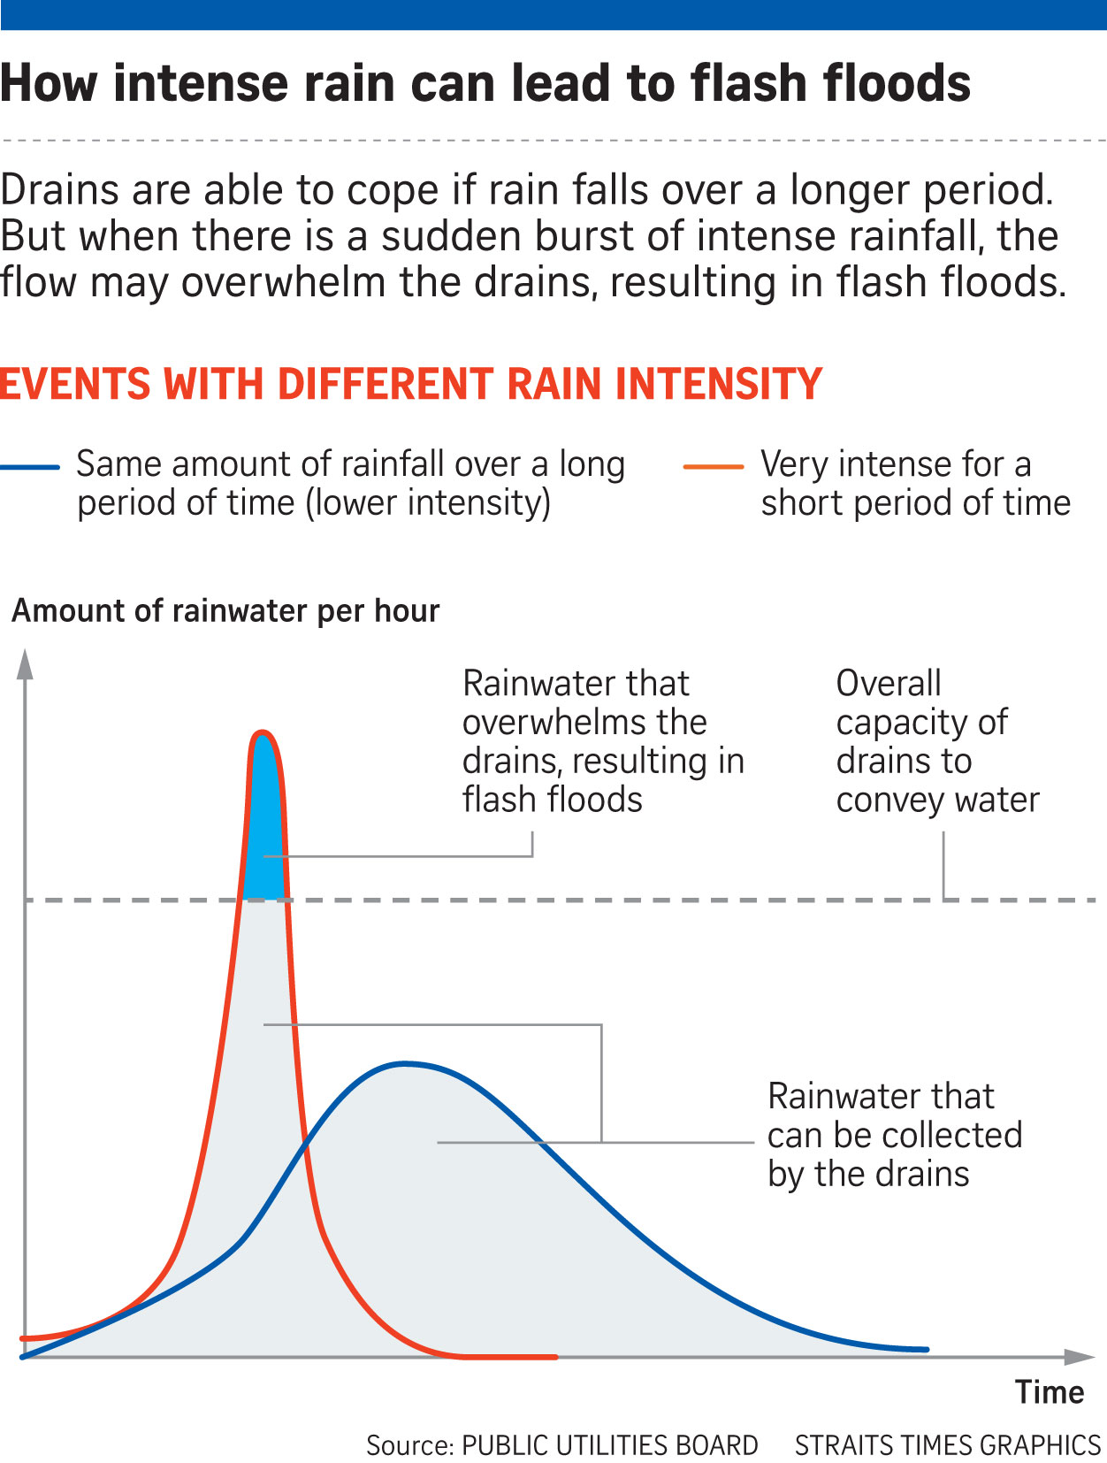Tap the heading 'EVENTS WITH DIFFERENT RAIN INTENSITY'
(411, 384)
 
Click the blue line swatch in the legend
(30, 467)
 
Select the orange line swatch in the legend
(713, 467)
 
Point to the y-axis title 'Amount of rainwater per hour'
(225, 611)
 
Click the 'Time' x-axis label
(1050, 1392)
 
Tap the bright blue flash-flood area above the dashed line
(263, 831)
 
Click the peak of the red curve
(262, 732)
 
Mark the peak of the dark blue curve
(404, 1063)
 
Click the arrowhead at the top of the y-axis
(25, 663)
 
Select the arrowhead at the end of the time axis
(1080, 1356)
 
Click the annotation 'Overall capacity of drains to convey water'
(937, 741)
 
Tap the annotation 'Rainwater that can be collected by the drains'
(895, 1135)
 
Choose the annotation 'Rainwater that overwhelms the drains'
(603, 741)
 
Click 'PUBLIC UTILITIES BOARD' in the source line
(610, 1445)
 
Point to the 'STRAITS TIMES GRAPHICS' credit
(947, 1445)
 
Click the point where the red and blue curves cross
(304, 1147)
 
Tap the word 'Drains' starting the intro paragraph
(60, 190)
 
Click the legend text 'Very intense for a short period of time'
(915, 483)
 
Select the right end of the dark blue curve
(926, 1349)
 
